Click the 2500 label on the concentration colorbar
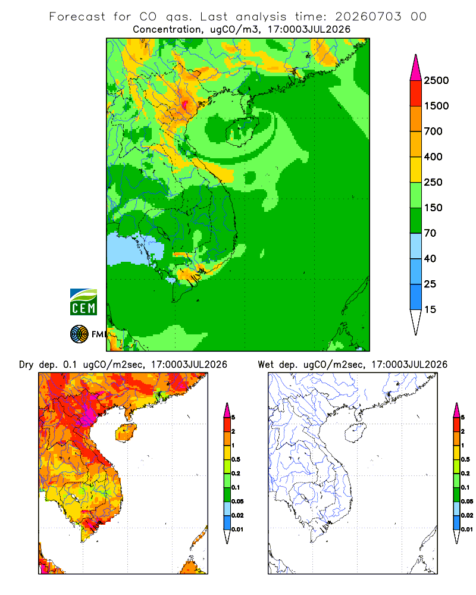(436, 80)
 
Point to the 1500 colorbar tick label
(436, 106)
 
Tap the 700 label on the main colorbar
(433, 131)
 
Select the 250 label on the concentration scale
(433, 182)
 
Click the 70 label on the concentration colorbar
(430, 233)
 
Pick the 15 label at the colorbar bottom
(430, 309)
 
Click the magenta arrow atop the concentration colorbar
(416, 68)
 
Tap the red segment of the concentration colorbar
(416, 93)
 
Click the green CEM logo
(83, 302)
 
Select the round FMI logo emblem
(79, 334)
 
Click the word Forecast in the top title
(77, 17)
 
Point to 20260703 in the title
(368, 17)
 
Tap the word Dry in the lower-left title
(26, 365)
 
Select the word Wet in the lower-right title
(265, 365)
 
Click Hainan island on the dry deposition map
(126, 432)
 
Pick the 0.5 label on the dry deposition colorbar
(236, 459)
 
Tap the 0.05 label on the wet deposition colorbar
(467, 502)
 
